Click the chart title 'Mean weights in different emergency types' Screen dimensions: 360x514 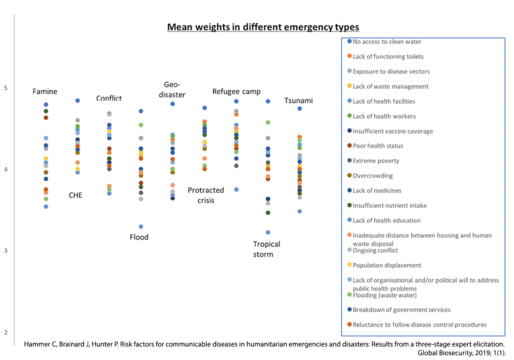click(x=263, y=27)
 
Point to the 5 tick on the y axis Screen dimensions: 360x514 click(x=6, y=88)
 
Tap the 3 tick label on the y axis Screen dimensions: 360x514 click(x=6, y=251)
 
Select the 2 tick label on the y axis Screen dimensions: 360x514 click(x=6, y=333)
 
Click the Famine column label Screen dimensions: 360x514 click(x=45, y=91)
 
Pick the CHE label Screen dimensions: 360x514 click(x=75, y=195)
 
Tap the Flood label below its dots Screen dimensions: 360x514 click(x=139, y=237)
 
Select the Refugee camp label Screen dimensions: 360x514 click(x=236, y=91)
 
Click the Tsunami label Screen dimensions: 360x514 click(x=299, y=101)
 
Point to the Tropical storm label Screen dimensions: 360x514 click(x=266, y=249)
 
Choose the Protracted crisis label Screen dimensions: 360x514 click(x=206, y=195)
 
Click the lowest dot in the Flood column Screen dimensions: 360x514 click(x=141, y=227)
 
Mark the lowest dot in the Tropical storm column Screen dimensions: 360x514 click(x=268, y=232)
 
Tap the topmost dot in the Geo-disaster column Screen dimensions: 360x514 click(x=173, y=104)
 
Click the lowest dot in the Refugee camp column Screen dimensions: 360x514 click(x=236, y=189)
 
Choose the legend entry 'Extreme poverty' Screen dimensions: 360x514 click(x=376, y=161)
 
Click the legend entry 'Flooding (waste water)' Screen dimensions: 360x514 click(x=384, y=296)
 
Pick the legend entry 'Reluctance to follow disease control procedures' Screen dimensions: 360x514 click(x=420, y=325)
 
